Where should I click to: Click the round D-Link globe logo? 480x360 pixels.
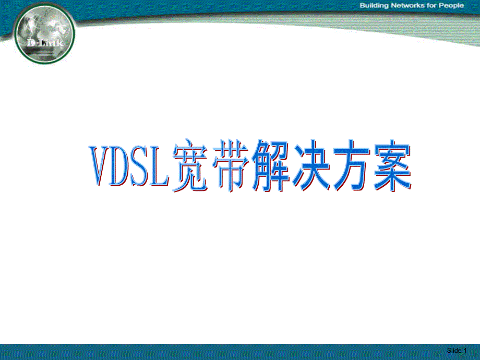pos(44,34)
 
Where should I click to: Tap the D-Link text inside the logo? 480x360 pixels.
pos(45,43)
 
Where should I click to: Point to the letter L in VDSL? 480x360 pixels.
pos(159,166)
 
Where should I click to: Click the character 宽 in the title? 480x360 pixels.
pos(190,166)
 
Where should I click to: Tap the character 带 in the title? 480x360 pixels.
pos(230,166)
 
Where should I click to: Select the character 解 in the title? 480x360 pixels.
pos(271,166)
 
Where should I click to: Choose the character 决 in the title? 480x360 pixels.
pos(311,166)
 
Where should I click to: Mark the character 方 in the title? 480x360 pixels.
pos(352,166)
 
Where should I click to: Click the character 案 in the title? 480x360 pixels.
pos(392,166)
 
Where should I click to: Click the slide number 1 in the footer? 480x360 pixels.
pos(465,350)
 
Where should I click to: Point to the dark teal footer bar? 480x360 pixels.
pos(240,352)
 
